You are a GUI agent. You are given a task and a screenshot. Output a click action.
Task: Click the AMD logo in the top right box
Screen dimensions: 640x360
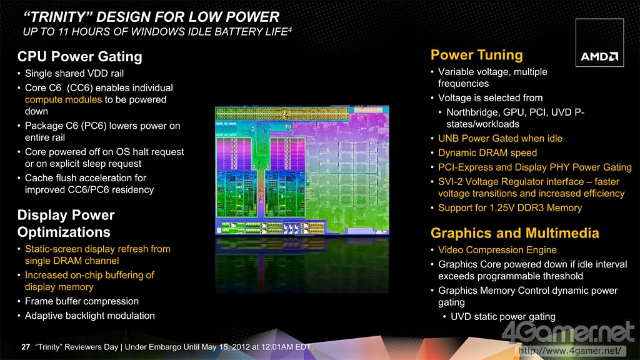click(599, 56)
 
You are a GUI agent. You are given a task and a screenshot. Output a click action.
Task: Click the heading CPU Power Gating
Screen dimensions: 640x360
click(79, 56)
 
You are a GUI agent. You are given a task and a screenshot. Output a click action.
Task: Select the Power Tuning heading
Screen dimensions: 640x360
click(477, 55)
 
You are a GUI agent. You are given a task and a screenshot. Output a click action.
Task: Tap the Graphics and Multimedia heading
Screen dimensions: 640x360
click(515, 232)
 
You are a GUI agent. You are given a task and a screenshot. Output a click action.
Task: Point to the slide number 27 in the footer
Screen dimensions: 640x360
click(26, 347)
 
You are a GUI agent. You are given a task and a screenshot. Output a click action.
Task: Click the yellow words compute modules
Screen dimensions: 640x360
click(63, 99)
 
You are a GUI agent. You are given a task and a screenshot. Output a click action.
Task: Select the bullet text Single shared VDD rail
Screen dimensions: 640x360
click(74, 74)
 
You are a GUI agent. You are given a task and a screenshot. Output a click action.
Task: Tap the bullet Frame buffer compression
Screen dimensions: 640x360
click(82, 301)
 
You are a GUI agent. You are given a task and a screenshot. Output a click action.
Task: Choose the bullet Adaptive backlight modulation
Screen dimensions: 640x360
click(90, 316)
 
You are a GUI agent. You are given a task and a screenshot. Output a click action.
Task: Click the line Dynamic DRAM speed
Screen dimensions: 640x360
click(487, 153)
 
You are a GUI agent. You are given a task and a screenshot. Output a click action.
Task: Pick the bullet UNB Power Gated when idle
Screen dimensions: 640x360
click(500, 138)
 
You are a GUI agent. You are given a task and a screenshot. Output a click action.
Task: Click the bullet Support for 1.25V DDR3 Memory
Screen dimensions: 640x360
click(510, 207)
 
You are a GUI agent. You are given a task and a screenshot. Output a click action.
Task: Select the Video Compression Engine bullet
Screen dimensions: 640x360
click(497, 250)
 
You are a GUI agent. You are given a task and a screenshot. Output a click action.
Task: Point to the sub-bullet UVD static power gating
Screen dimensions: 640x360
click(503, 317)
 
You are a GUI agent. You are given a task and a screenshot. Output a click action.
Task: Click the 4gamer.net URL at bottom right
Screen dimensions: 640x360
click(570, 351)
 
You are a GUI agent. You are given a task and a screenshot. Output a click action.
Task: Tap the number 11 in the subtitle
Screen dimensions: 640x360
click(62, 31)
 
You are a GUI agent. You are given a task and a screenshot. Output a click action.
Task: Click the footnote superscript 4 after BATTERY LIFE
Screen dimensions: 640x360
click(290, 29)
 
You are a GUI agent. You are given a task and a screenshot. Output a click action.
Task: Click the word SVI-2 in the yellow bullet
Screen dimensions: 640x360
click(450, 182)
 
